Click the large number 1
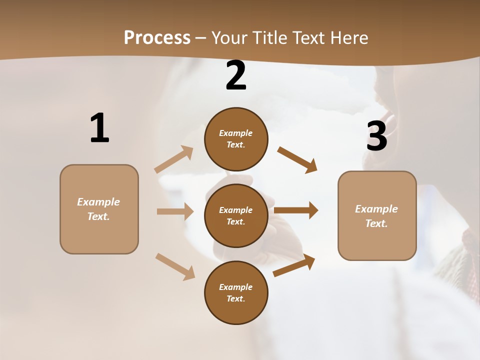pos(99,128)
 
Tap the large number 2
pos(236,75)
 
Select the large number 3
pos(376,136)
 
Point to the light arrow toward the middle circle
pos(175,211)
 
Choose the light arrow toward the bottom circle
pos(175,266)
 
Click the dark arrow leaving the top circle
pos(297,159)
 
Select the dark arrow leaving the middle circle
pos(296,210)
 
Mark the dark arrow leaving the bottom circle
pos(294,265)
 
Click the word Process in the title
pos(157,37)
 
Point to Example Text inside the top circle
pos(236,139)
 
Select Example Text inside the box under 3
pos(376,216)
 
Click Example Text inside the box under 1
pos(98,209)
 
